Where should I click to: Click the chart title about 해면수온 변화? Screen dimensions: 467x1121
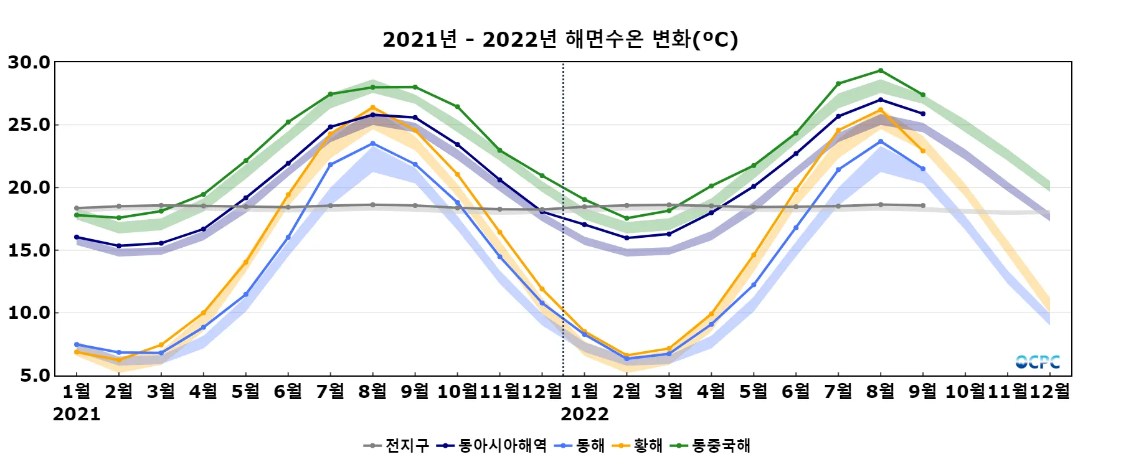(x=560, y=39)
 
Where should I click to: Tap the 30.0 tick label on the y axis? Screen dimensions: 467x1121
(x=29, y=62)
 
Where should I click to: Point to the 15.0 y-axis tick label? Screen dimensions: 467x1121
(x=29, y=250)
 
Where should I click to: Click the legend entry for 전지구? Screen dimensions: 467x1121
(x=397, y=446)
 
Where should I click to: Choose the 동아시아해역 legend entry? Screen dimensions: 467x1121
(x=492, y=446)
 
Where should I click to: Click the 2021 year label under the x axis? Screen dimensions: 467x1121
(x=77, y=414)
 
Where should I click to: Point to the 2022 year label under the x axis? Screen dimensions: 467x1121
(x=585, y=414)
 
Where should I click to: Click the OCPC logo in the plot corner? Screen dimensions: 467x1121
(x=1038, y=362)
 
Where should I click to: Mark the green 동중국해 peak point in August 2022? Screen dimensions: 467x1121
(x=881, y=70)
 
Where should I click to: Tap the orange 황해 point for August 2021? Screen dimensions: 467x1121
(x=373, y=108)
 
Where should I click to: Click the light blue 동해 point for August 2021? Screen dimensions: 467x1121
(x=373, y=144)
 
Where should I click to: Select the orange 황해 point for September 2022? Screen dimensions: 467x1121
(x=923, y=151)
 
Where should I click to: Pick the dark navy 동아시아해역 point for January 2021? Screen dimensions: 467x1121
(x=77, y=237)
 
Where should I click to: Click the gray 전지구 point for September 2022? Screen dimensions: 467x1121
(x=923, y=205)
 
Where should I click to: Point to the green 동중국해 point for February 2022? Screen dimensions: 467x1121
(x=627, y=219)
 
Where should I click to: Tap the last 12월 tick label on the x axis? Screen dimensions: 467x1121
(x=1049, y=391)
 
